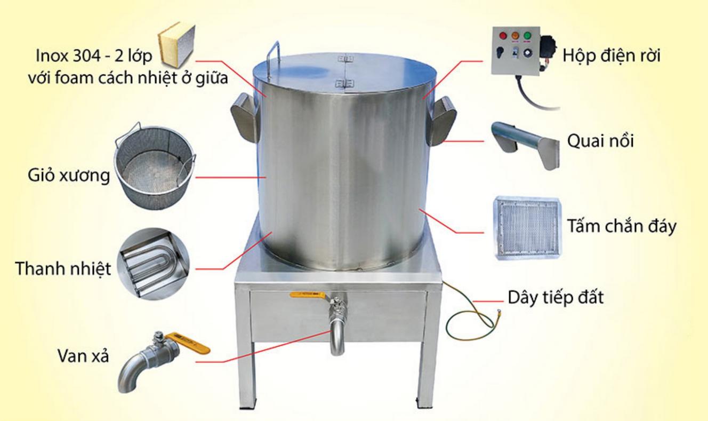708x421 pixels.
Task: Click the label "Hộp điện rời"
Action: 611,55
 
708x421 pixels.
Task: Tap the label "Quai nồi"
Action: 600,141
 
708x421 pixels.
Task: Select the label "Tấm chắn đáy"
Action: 622,226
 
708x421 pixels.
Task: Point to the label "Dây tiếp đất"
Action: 556,297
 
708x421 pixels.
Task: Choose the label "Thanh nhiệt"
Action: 63,268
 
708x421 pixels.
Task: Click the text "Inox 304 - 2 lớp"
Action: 93,55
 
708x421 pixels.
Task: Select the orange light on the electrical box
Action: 515,36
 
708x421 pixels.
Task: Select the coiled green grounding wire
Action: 469,319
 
